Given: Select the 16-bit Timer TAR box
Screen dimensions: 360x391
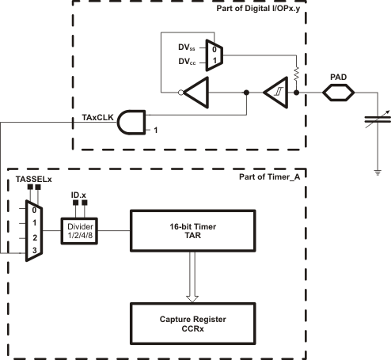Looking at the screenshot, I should [x=195, y=231].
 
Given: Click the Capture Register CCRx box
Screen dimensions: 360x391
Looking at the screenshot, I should [x=196, y=323].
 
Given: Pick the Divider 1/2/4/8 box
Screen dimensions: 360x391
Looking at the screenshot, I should [x=80, y=231].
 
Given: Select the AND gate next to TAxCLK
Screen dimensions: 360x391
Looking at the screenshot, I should [x=132, y=123].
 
